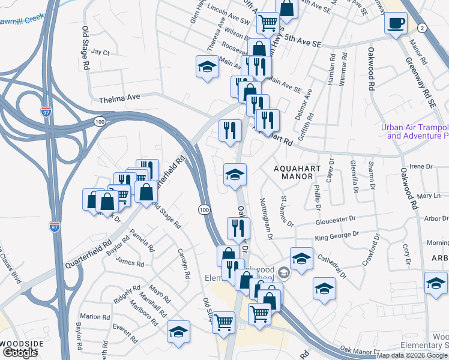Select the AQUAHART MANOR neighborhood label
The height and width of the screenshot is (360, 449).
(x=297, y=173)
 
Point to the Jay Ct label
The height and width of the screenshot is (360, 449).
(x=101, y=53)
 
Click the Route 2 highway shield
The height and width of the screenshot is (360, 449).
(x=422, y=28)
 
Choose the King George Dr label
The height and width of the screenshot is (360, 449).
(x=337, y=235)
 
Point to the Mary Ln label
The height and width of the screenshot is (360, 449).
(x=429, y=196)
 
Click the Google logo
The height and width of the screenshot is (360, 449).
(x=20, y=353)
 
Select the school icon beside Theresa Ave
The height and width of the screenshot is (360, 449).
(x=207, y=67)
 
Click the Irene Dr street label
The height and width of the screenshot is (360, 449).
(x=420, y=166)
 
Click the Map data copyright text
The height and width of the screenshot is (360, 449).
(x=412, y=355)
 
